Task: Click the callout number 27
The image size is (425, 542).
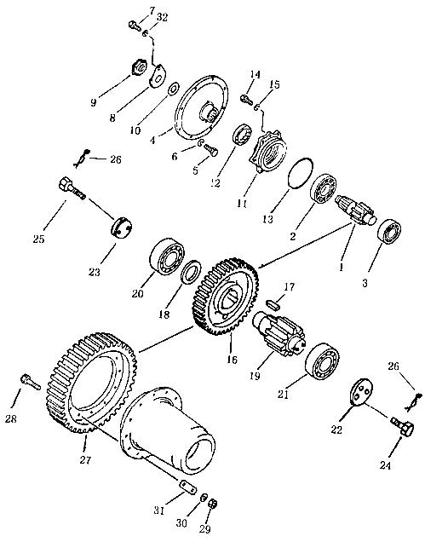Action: (85, 460)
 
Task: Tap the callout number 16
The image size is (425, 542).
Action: (233, 360)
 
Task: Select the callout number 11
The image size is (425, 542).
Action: (242, 204)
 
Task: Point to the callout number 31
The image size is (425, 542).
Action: (159, 510)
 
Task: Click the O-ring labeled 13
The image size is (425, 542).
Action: (301, 173)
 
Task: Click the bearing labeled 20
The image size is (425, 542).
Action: (167, 257)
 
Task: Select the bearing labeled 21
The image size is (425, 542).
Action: (322, 361)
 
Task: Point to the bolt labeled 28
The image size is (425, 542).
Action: (31, 382)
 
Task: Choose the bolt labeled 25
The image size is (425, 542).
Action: (72, 188)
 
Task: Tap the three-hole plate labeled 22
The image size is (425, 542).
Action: (360, 392)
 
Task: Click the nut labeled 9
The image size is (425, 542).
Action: (141, 67)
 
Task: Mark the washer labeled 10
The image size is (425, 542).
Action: (173, 88)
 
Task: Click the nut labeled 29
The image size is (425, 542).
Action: (213, 504)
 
